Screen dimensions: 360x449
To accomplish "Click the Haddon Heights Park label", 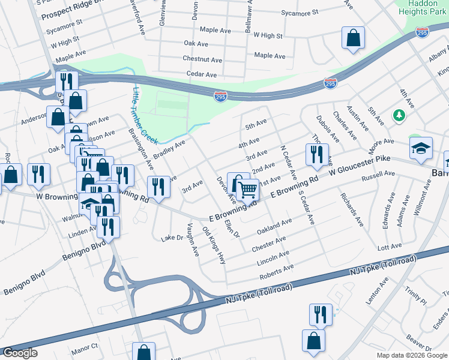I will point(423,7).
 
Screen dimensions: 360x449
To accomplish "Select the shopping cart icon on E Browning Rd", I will point(248,191).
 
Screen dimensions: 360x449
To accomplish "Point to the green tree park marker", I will point(397,115).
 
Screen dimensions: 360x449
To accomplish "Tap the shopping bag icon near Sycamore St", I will point(353,38).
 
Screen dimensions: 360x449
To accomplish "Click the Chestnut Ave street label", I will point(200,59).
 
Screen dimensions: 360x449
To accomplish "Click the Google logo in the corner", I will point(20,353).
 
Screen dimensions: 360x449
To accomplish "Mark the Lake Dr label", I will point(171,238).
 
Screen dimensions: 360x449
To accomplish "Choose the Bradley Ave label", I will point(169,149).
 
